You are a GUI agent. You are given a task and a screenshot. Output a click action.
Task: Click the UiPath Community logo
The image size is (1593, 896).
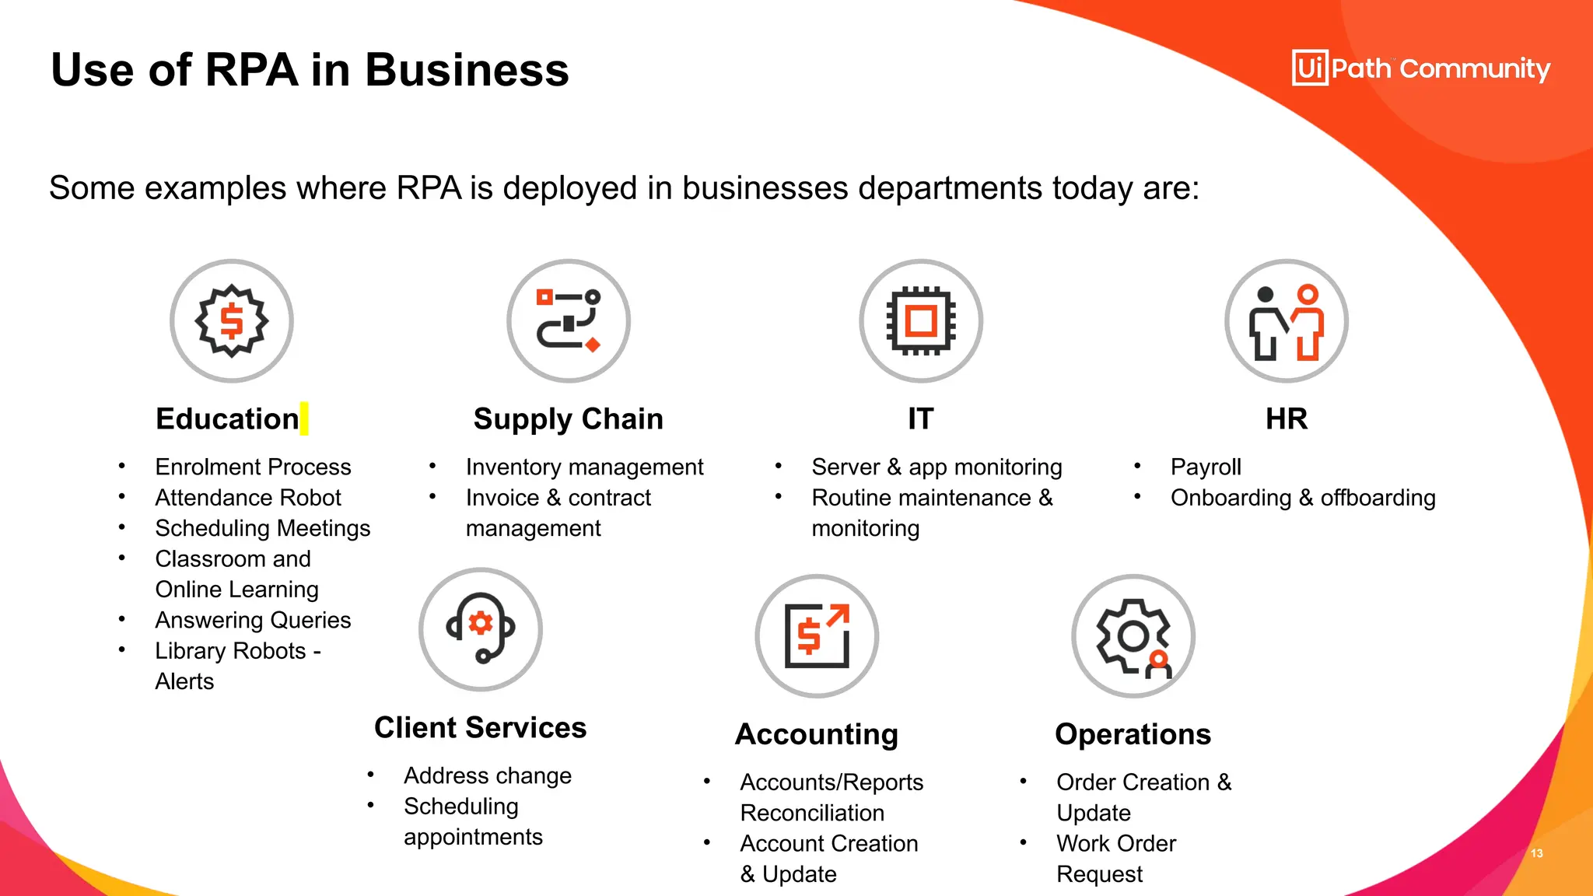[x=1420, y=68]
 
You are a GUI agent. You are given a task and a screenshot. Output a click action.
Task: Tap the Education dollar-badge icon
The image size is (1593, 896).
[x=232, y=320]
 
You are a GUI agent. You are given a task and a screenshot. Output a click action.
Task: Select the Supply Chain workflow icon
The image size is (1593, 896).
[x=569, y=320]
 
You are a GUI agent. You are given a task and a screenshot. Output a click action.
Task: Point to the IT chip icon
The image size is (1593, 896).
[x=921, y=320]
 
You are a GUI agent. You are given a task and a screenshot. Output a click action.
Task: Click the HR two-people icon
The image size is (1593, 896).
[x=1287, y=320]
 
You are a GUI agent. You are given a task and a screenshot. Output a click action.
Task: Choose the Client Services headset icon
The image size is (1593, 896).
[x=481, y=628]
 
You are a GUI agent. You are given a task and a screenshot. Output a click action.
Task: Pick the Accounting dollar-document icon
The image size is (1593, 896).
[x=817, y=635]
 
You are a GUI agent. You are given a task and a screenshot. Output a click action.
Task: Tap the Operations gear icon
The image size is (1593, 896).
[x=1133, y=635]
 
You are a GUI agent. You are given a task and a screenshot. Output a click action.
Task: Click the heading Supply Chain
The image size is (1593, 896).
[x=569, y=419]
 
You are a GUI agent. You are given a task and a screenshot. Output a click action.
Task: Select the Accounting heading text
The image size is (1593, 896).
[x=817, y=734]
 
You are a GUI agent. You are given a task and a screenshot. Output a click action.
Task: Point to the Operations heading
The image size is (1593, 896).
[x=1133, y=734]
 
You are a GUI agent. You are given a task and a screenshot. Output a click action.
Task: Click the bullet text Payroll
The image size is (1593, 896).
[x=1206, y=467]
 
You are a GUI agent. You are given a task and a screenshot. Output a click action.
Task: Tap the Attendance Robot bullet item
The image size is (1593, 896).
[x=248, y=498]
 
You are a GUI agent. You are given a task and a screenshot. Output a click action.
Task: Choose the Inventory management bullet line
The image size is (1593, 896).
[x=584, y=467]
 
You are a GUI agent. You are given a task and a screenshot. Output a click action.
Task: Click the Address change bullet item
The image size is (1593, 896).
[x=488, y=775]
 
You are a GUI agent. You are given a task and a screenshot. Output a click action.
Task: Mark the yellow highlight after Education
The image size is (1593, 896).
[x=304, y=418]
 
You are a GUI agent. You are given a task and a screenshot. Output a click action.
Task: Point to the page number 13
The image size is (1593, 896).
[x=1537, y=853]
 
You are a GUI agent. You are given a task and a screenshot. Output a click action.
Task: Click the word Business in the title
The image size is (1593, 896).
[x=467, y=70]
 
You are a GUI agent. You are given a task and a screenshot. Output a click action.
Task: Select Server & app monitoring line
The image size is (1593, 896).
[x=937, y=467]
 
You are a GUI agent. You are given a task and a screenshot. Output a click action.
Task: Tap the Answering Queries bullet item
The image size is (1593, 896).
[x=253, y=620]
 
